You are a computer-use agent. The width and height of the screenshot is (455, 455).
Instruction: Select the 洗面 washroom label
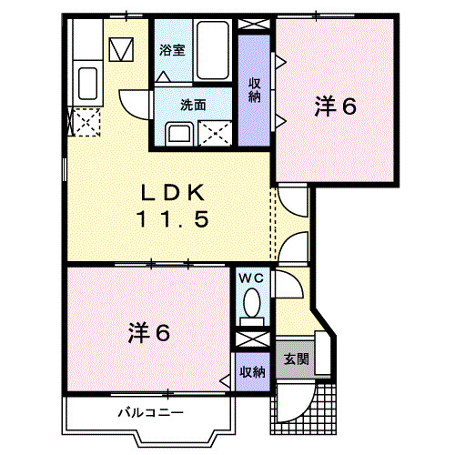pos(192,105)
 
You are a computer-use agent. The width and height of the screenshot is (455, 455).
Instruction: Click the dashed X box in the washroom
pos(217,133)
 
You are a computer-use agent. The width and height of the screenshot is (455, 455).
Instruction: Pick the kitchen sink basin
pos(89,85)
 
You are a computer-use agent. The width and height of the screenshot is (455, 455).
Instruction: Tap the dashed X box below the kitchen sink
pos(85,122)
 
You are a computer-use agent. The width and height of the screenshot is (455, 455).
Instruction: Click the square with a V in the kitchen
pos(119,47)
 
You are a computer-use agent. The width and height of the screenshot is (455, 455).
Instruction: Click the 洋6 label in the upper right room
pos(336,106)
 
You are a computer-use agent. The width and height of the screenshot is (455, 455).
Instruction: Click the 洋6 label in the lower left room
pos(149,334)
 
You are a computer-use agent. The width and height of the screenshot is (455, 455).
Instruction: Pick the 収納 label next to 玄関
pos(252,371)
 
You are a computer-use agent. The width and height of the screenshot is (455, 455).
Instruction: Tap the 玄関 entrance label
pos(296,359)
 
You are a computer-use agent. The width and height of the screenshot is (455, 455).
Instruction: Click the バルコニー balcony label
pos(150,412)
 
